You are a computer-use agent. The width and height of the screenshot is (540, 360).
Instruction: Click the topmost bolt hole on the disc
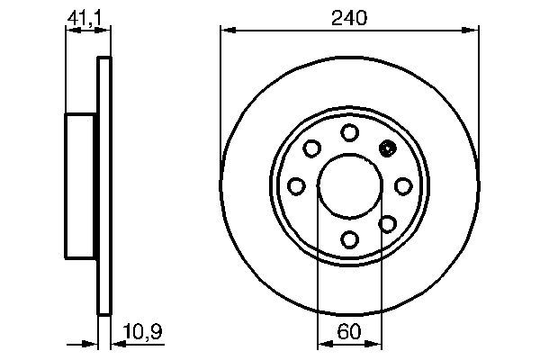(350, 132)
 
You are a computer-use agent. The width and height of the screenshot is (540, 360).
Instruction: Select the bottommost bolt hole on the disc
(350, 239)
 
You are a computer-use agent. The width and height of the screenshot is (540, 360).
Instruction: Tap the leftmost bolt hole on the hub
(296, 186)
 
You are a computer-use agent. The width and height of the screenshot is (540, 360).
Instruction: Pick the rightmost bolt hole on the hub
(403, 186)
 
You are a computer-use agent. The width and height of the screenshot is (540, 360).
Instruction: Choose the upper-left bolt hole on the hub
(312, 148)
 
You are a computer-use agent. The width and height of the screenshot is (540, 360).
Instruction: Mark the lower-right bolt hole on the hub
(388, 223)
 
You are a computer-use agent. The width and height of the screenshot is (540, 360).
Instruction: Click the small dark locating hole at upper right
(389, 149)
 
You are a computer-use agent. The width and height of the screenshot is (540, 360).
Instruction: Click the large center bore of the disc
(350, 186)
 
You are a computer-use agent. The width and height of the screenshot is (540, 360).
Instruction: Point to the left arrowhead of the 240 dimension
(227, 31)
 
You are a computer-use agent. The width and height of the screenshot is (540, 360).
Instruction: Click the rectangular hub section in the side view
(82, 186)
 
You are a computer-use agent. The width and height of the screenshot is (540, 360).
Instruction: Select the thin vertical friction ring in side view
(103, 186)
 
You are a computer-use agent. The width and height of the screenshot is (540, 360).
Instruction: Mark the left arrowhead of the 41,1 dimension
(71, 31)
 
